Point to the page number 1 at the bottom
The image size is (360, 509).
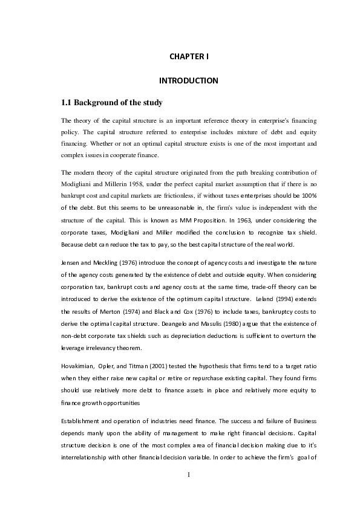tap(189, 491)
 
